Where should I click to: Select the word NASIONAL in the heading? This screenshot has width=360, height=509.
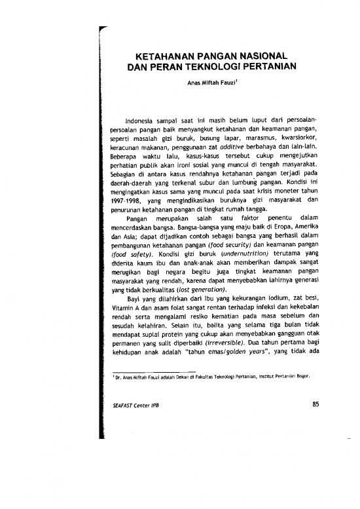point(261,55)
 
